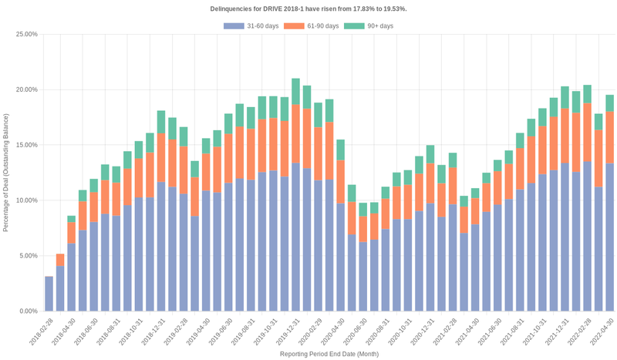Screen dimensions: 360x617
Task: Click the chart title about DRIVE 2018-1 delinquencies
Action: [x=308, y=8]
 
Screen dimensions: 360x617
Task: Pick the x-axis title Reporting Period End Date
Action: [x=329, y=354]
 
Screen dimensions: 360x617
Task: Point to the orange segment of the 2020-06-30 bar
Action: [x=362, y=229]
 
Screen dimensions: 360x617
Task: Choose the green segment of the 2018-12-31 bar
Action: [x=161, y=122]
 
